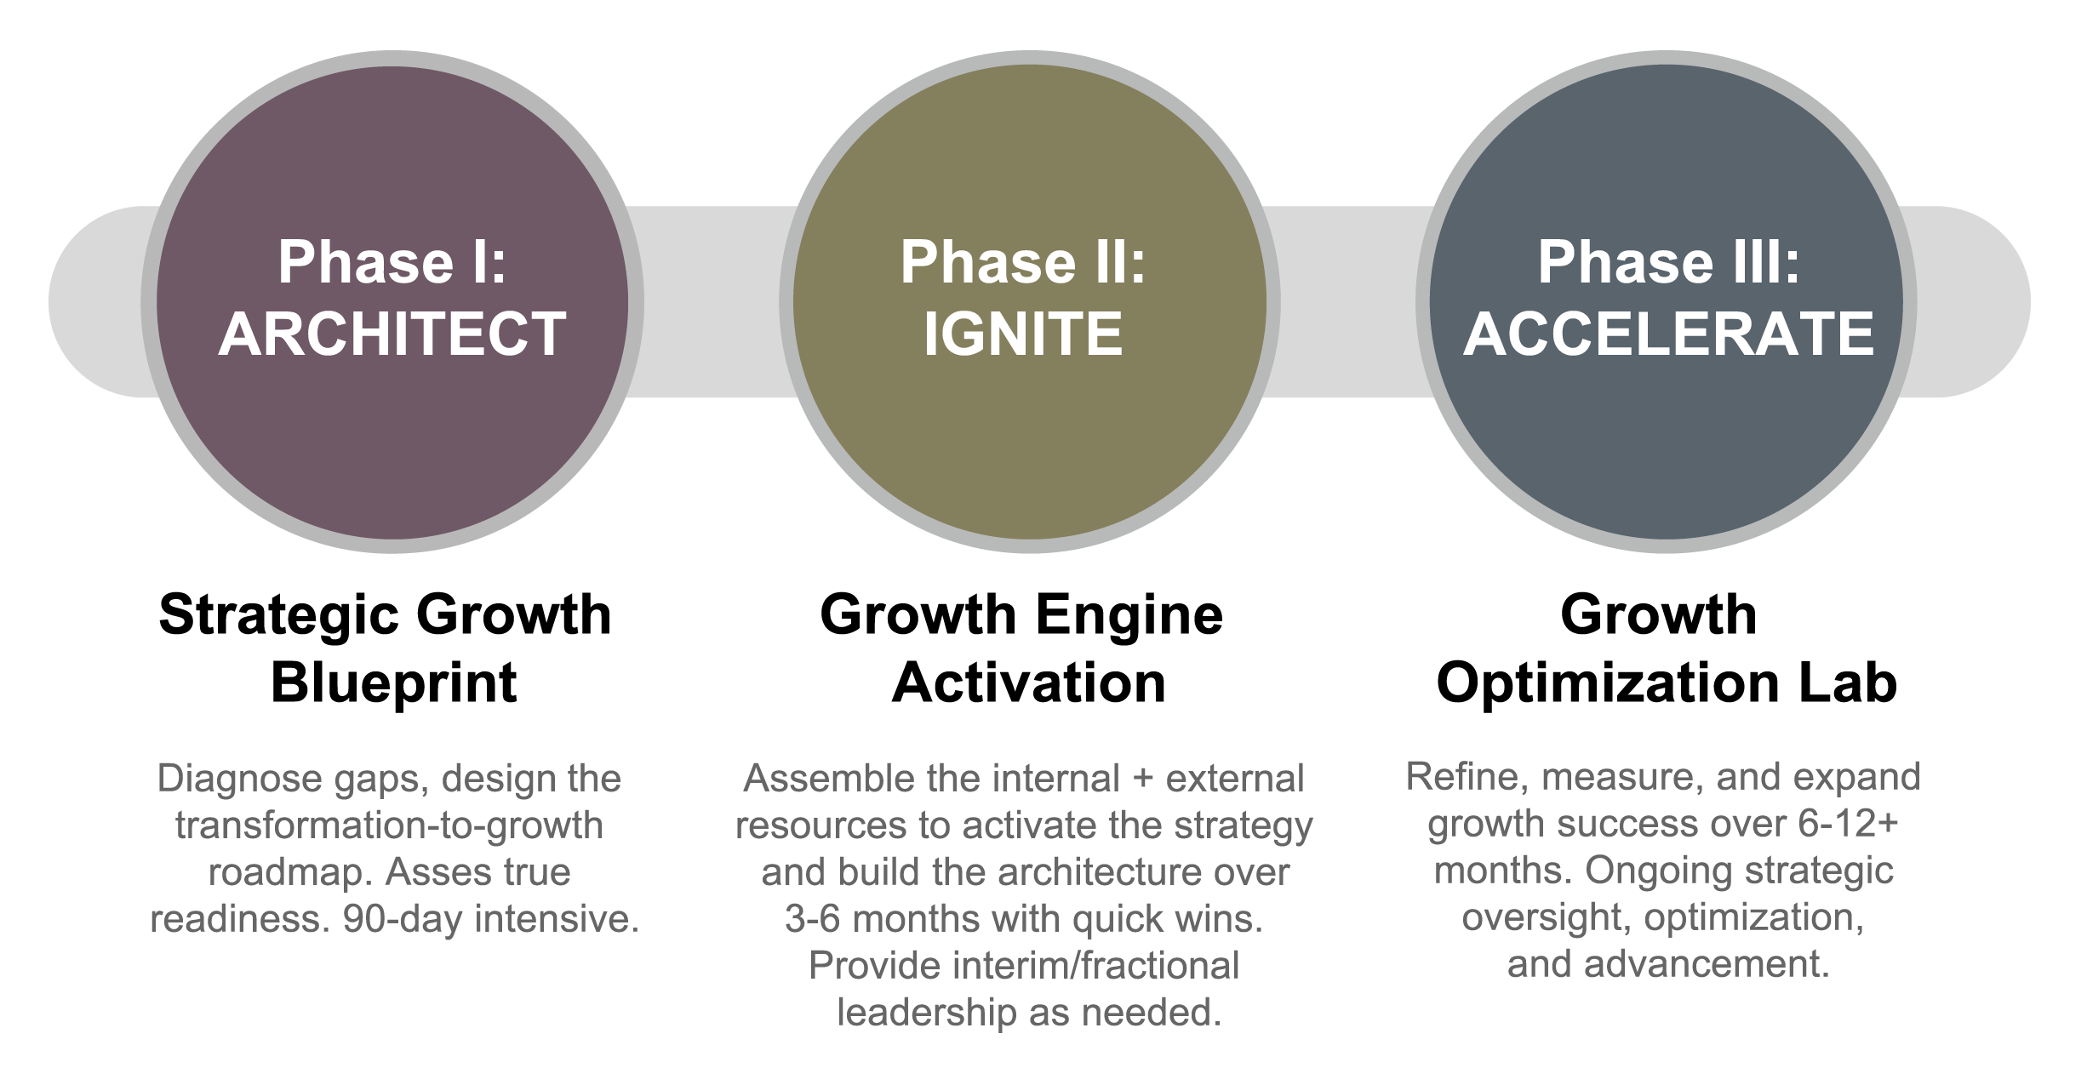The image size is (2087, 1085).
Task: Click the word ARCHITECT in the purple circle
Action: (392, 333)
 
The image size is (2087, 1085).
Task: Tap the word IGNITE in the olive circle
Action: (1023, 333)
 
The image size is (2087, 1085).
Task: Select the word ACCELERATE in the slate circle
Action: (1668, 333)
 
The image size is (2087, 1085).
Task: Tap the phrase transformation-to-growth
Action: (389, 825)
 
